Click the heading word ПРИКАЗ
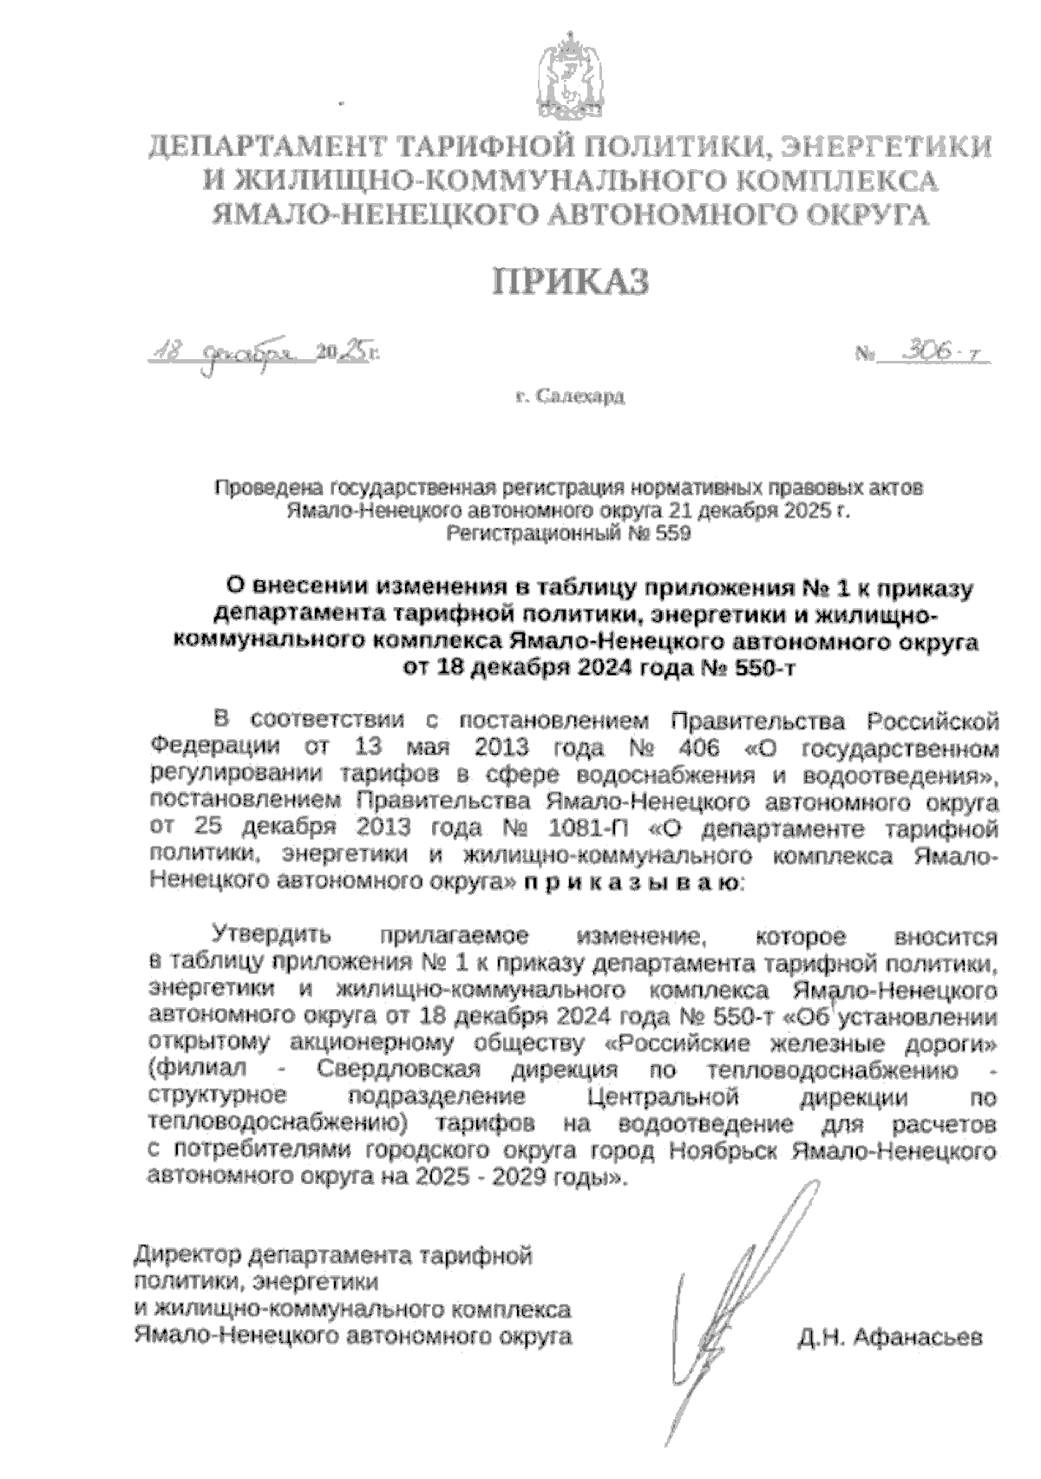[x=571, y=283]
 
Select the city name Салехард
[x=579, y=398]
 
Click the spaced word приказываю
[x=631, y=882]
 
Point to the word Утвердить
[x=272, y=937]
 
